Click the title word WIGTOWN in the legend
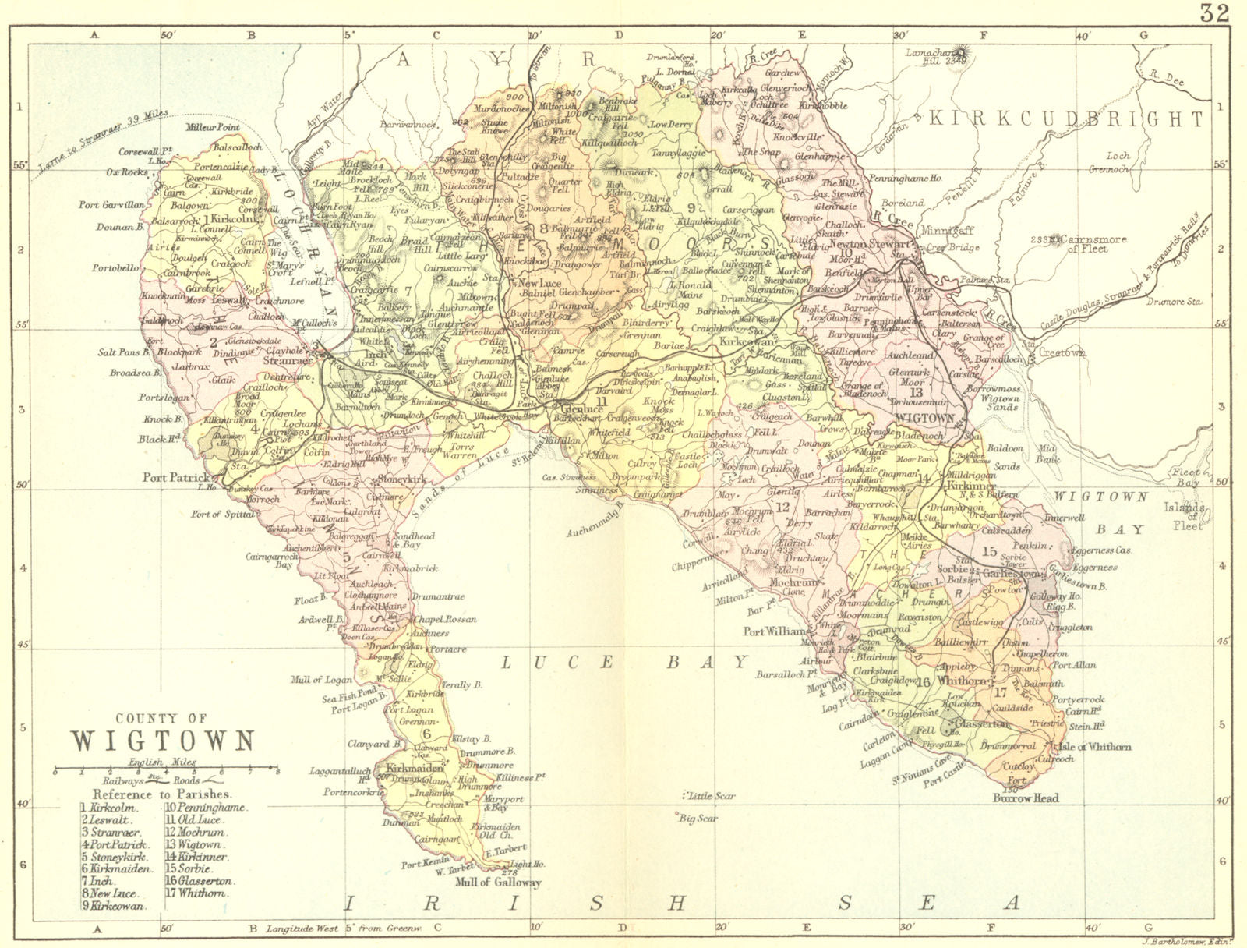[163, 740]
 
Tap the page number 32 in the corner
[1213, 12]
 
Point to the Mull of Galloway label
[499, 883]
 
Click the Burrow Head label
[1025, 798]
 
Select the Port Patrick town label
[176, 477]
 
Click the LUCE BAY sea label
[623, 662]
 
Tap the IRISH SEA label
[682, 903]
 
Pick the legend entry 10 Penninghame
[205, 808]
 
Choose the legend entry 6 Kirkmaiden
[111, 868]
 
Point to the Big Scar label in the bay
[698, 819]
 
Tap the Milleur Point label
[212, 126]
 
